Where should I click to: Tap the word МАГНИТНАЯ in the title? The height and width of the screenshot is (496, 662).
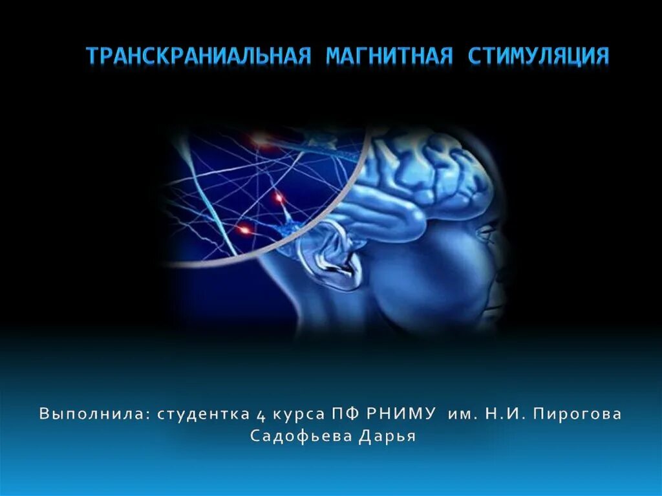[389, 56]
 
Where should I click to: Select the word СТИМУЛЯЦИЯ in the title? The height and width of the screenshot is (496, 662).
[538, 56]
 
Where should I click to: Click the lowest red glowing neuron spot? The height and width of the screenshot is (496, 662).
[244, 228]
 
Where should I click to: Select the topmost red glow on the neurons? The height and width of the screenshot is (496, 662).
[259, 136]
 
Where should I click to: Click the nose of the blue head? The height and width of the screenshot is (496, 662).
[504, 275]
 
